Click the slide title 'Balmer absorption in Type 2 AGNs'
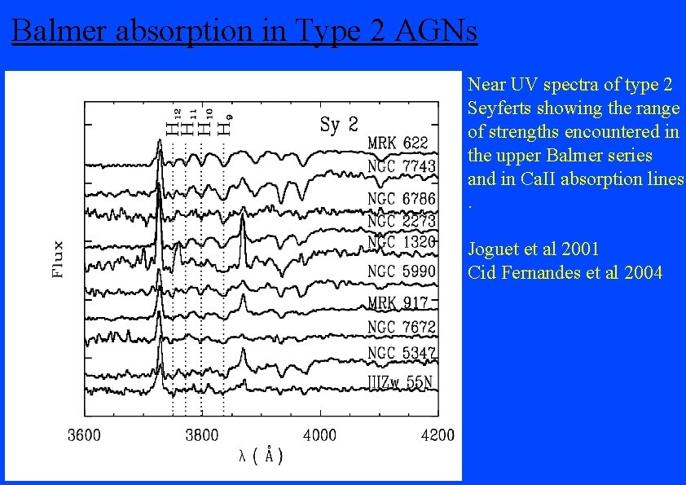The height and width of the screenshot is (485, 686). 244,31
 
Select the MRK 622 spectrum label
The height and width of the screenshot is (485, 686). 398,143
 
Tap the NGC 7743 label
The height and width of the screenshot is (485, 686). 402,166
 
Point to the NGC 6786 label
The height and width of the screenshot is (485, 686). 402,199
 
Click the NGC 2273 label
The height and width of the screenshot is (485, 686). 402,221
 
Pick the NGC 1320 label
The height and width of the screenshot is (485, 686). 402,242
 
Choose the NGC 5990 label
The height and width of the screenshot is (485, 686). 402,271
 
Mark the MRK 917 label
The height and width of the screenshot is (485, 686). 398,302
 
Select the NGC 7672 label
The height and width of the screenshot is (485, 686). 402,327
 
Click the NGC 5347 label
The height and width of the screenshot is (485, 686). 402,354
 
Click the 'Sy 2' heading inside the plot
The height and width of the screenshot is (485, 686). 339,125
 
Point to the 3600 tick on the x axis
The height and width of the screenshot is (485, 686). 84,435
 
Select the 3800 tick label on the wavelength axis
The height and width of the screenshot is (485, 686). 201,435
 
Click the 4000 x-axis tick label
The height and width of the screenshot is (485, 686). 319,435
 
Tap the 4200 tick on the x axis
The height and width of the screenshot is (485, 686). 438,435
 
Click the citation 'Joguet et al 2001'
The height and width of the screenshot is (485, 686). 534,249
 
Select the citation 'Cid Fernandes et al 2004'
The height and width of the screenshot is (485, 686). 565,272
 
